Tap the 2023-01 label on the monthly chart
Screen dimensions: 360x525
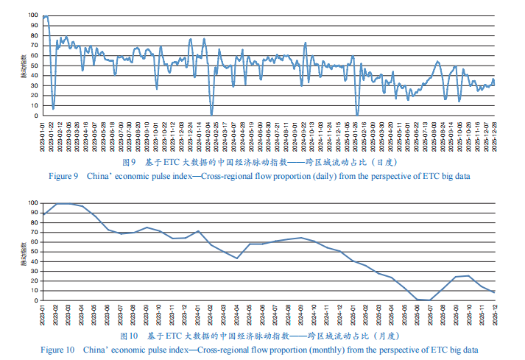tap(43, 316)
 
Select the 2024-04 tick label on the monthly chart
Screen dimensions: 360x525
tap(237, 316)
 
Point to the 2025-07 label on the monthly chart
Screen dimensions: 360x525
tap(430, 316)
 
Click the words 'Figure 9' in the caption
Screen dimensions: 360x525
tap(63, 177)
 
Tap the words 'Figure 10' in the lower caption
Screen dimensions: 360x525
tap(57, 349)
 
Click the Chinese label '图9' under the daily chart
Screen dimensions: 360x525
tap(129, 161)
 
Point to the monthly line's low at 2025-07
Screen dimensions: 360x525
tap(430, 300)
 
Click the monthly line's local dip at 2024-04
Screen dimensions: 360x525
tap(237, 258)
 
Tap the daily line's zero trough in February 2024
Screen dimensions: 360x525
tap(211, 115)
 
